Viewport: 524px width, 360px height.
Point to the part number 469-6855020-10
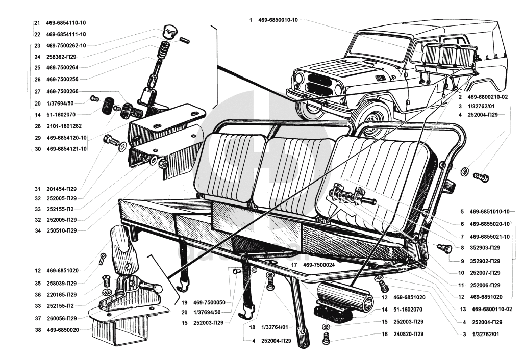pyautogui.click(x=490, y=223)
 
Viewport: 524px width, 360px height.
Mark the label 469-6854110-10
pyautogui.click(x=66, y=23)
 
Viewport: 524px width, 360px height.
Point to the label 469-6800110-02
pyautogui.click(x=492, y=309)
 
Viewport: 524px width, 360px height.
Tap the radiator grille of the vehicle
pyautogui.click(x=319, y=83)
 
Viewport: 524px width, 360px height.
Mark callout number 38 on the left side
pyautogui.click(x=37, y=330)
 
